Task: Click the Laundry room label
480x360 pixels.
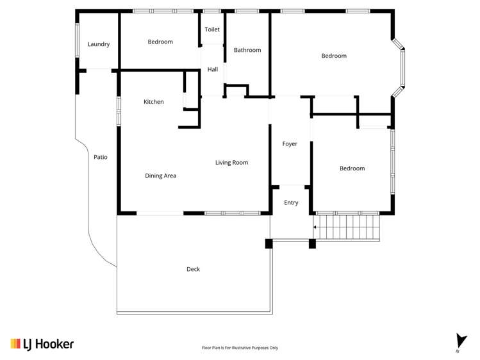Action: click(x=99, y=44)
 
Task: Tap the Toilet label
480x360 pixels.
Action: click(x=212, y=29)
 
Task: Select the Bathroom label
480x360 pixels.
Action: click(x=247, y=50)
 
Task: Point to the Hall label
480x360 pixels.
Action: click(x=213, y=69)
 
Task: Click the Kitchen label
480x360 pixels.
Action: click(x=153, y=102)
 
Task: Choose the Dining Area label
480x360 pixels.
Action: click(x=160, y=176)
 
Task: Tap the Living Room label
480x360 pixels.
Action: click(x=231, y=163)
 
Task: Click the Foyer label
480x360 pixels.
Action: click(x=290, y=144)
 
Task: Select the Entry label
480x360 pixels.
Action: click(x=291, y=202)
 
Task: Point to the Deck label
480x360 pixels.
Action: click(x=193, y=269)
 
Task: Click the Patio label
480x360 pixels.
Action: click(x=101, y=156)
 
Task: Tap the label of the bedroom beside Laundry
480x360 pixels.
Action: click(x=160, y=42)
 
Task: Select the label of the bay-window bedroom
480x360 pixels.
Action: click(x=334, y=56)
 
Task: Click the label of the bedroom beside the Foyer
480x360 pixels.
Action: click(x=352, y=168)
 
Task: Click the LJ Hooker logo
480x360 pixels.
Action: click(x=42, y=344)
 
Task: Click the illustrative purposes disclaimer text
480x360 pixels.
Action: click(x=240, y=348)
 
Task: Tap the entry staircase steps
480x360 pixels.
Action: click(x=349, y=227)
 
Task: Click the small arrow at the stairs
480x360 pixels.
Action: click(x=315, y=227)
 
